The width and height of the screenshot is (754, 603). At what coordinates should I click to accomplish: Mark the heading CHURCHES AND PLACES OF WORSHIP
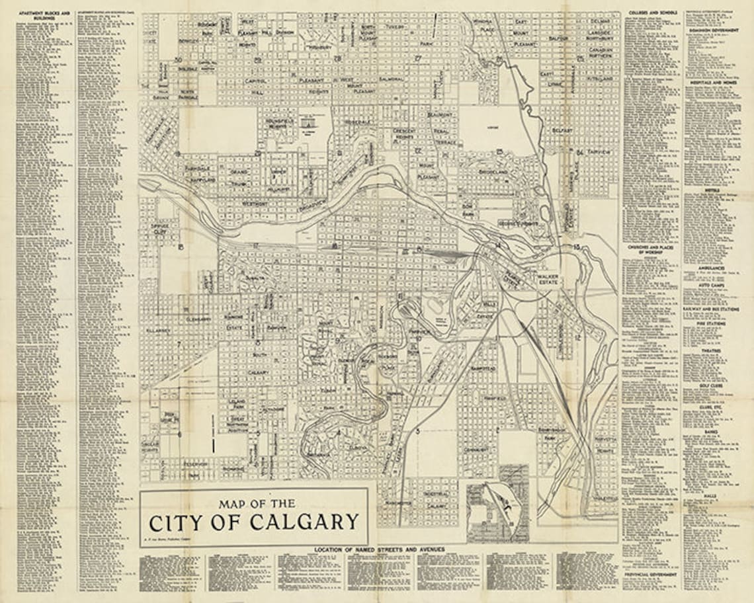point(651,249)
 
